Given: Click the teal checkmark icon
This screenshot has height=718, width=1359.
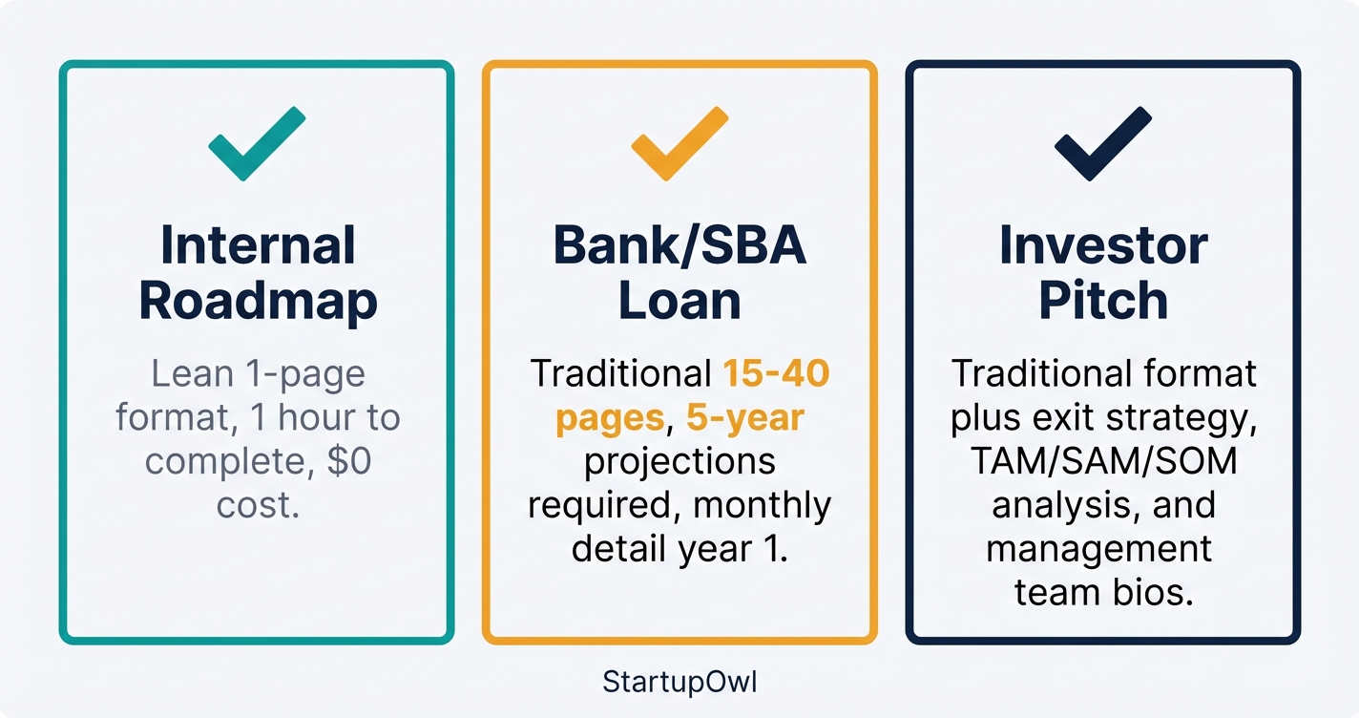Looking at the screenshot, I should [x=256, y=144].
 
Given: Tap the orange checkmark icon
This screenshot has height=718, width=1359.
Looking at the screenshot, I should [x=679, y=144].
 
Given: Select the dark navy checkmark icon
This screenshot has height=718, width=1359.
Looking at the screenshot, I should [x=1102, y=144].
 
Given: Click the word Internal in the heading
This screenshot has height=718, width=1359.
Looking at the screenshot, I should [x=258, y=245].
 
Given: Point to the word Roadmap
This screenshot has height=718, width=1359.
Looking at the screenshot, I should [x=258, y=301].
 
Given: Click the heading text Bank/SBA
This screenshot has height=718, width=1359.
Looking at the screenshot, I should [x=679, y=245].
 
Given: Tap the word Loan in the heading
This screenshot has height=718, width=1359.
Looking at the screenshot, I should [x=679, y=301].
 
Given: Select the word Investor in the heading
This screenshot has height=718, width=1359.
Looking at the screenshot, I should [x=1103, y=245].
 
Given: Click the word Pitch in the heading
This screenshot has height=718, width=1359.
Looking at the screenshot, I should [x=1103, y=301].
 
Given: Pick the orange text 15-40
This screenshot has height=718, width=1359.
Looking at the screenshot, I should [x=775, y=373].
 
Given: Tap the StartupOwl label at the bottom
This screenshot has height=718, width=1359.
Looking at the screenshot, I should [x=679, y=683].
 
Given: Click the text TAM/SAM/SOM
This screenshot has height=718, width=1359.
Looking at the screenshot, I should [x=1103, y=462].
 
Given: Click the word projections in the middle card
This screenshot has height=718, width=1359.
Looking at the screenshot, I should [x=679, y=462].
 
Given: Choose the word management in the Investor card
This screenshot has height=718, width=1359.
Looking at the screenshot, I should [x=1098, y=550].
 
